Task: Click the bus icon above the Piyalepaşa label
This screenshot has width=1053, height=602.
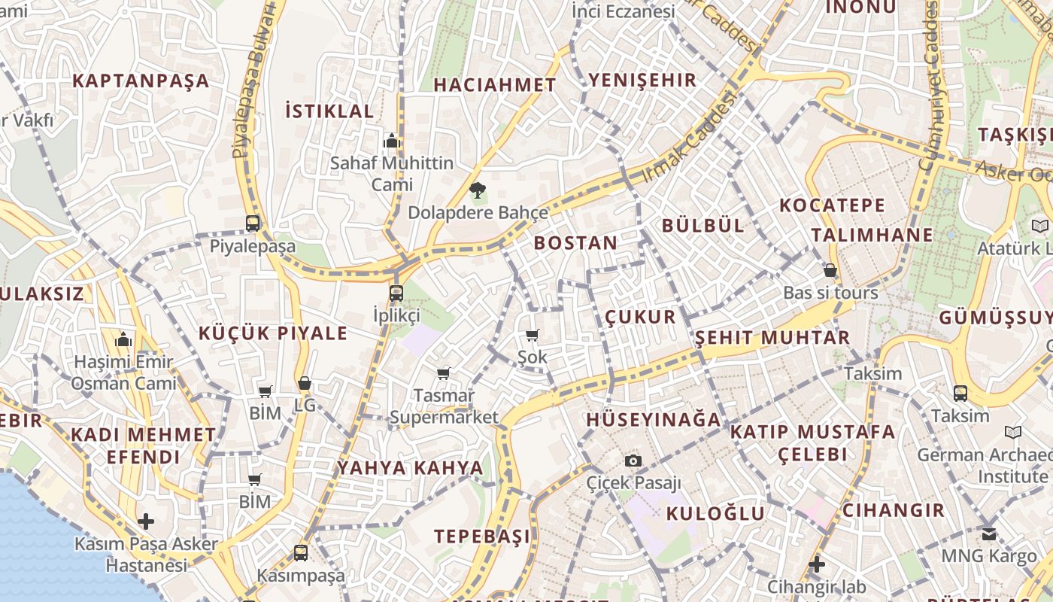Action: [x=253, y=223]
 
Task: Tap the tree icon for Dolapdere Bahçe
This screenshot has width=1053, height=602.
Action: [x=476, y=190]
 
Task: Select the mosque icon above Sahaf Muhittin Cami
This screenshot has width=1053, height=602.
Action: [x=391, y=141]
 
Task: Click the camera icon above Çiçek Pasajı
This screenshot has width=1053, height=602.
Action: [x=633, y=460]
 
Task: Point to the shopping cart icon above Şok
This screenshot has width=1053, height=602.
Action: [x=533, y=335]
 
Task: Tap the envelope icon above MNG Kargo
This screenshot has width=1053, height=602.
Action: [x=989, y=534]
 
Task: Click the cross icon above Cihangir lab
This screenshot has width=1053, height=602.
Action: [x=817, y=564]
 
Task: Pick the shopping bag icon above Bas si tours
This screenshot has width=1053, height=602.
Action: [x=830, y=270]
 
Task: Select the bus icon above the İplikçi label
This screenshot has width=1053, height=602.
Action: [x=396, y=293]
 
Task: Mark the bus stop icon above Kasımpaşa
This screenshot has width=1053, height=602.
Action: [x=301, y=553]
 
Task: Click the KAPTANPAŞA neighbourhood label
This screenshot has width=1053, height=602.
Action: [x=141, y=81]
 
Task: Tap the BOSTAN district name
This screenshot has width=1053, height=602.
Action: [x=575, y=243]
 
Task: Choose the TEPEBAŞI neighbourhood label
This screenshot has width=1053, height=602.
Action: [x=482, y=537]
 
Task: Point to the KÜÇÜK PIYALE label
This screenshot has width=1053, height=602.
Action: [x=273, y=333]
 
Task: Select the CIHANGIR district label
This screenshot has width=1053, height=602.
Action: [x=893, y=510]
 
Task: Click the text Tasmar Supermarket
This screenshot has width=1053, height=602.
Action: [x=444, y=406]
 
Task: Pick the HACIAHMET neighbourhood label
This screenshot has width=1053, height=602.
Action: [x=494, y=85]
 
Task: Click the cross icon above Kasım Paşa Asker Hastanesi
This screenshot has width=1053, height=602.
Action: [x=146, y=521]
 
